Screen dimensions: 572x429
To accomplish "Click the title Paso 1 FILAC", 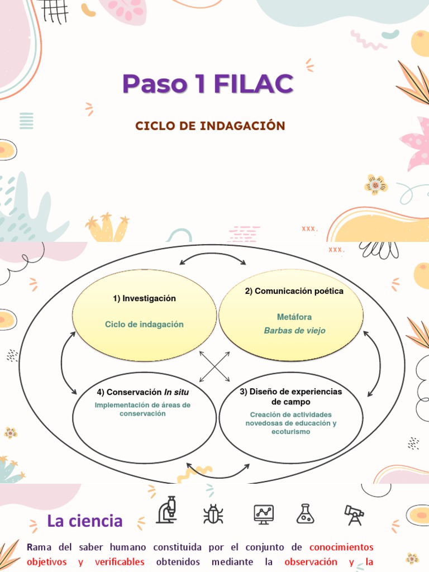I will click(x=208, y=84).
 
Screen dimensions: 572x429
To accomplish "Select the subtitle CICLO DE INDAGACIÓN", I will click(x=210, y=126).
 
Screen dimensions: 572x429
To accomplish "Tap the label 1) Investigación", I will click(x=144, y=298).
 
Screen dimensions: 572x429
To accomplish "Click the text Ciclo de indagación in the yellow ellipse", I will click(x=144, y=325).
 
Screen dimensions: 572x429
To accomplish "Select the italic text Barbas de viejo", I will click(x=294, y=331).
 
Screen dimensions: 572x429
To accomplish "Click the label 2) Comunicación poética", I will click(x=294, y=291).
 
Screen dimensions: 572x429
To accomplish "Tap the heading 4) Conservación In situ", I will click(x=142, y=392).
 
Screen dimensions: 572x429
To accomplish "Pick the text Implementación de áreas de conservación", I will click(x=142, y=409).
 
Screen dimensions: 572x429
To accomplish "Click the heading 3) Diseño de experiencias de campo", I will click(x=290, y=397).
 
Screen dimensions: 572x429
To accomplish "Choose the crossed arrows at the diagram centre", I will click(x=214, y=366).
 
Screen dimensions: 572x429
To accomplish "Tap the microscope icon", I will click(x=166, y=511).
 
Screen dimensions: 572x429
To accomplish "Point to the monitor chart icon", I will click(x=263, y=513).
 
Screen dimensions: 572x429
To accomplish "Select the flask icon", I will click(x=306, y=513).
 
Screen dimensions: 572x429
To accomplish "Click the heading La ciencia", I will click(x=85, y=521).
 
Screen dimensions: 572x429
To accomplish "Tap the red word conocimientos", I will click(x=341, y=547).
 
